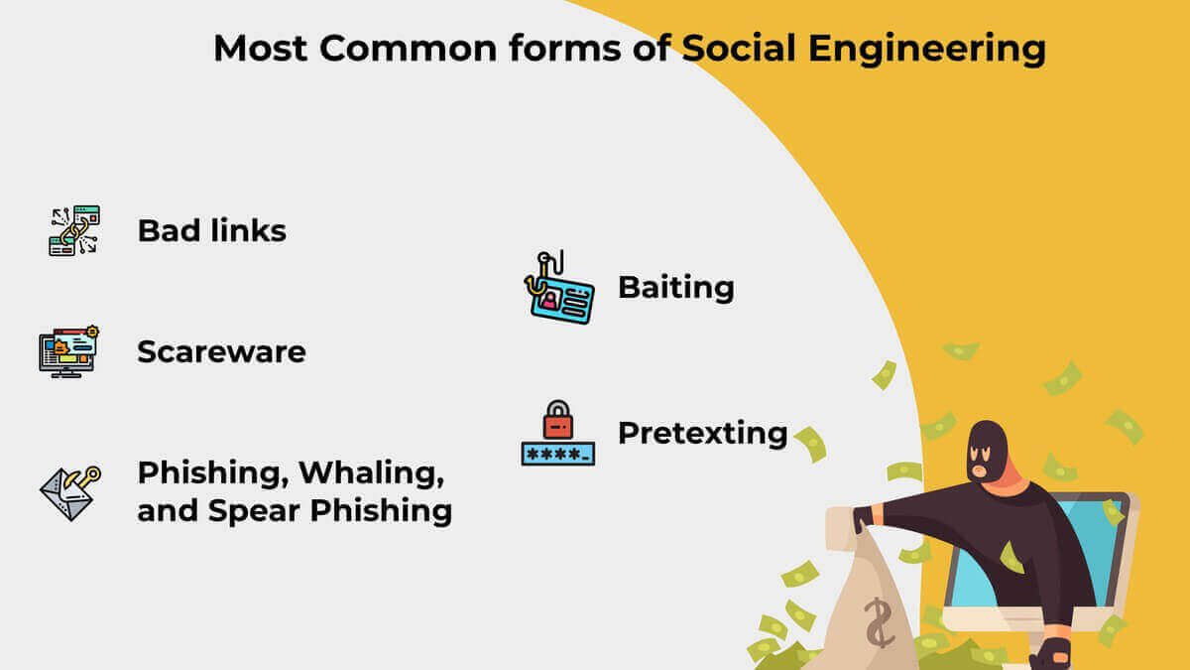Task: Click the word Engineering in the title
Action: click(x=927, y=50)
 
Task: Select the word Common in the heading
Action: click(x=408, y=49)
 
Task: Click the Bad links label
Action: click(x=212, y=230)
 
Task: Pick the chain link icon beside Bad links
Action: click(x=75, y=230)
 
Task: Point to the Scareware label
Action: click(x=221, y=351)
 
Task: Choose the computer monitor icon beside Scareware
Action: click(x=68, y=351)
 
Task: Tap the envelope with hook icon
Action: click(x=70, y=493)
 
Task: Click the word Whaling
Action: click(x=371, y=473)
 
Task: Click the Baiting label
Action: click(x=676, y=288)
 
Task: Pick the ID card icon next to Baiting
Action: click(x=559, y=288)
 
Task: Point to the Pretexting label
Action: click(x=703, y=433)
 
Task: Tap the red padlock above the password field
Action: click(x=557, y=420)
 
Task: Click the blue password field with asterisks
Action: click(x=557, y=455)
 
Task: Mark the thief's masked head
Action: click(x=987, y=452)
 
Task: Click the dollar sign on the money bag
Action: click(x=879, y=623)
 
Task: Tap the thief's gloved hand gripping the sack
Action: click(x=864, y=519)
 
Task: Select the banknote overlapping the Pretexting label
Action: click(x=811, y=445)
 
